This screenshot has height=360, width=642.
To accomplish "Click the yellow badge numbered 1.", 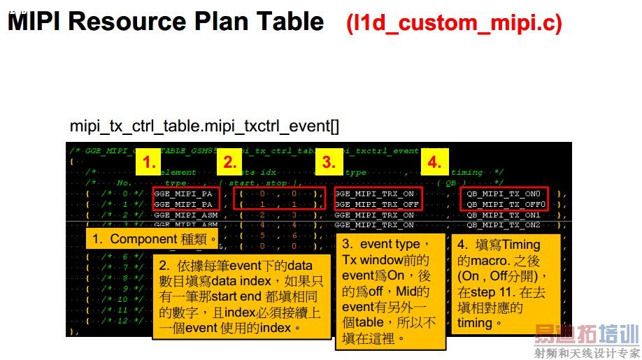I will point(150,163).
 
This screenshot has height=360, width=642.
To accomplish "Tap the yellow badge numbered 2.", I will point(229,163).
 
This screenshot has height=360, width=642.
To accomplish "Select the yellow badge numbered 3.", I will point(328,163).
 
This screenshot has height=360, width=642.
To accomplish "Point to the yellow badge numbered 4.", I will point(434,163).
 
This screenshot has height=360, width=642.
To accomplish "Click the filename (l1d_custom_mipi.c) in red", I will point(454,23).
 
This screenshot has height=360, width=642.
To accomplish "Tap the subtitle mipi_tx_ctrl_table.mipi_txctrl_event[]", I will point(204,126).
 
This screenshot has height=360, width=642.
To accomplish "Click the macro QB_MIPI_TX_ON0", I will point(504,193).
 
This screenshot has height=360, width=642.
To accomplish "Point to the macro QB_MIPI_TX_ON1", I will point(504,215).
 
